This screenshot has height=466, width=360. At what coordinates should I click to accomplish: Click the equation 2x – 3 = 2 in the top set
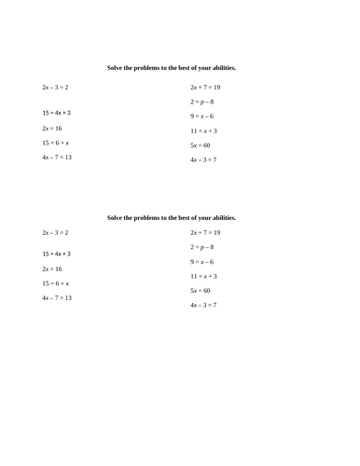pyautogui.click(x=56, y=88)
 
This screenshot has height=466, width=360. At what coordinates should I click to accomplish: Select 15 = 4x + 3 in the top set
pyautogui.click(x=56, y=113)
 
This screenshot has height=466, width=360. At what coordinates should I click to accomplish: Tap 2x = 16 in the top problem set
pyautogui.click(x=52, y=129)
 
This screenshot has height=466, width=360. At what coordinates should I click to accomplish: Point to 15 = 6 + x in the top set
pyautogui.click(x=56, y=144)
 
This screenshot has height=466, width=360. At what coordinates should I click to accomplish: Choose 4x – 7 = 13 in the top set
pyautogui.click(x=57, y=158)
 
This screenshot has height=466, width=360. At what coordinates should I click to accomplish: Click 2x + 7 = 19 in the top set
pyautogui.click(x=205, y=88)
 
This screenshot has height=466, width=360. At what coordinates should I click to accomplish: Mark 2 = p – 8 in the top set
pyautogui.click(x=202, y=102)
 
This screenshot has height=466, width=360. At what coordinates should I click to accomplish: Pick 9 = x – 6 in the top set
pyautogui.click(x=202, y=116)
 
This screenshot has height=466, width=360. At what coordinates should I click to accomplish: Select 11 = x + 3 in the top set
pyautogui.click(x=203, y=131)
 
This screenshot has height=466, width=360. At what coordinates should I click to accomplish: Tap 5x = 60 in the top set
pyautogui.click(x=201, y=145)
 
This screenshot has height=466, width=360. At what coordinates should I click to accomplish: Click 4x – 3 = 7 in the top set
pyautogui.click(x=203, y=160)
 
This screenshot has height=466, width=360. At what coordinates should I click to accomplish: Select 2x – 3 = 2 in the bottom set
pyautogui.click(x=56, y=232)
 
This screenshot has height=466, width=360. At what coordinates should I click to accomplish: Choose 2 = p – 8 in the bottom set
pyautogui.click(x=202, y=247)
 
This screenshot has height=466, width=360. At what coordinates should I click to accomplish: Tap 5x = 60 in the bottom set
pyautogui.click(x=201, y=291)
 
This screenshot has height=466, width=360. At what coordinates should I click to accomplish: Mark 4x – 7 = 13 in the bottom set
pyautogui.click(x=57, y=298)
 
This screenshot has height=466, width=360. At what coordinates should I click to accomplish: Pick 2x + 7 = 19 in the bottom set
pyautogui.click(x=205, y=232)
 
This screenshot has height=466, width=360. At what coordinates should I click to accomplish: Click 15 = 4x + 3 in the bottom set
pyautogui.click(x=56, y=254)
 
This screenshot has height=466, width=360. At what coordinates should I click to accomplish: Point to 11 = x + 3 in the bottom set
pyautogui.click(x=203, y=277)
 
